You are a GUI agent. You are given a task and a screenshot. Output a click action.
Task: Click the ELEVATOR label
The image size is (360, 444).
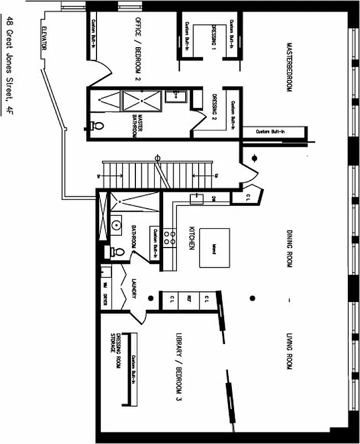click(x=43, y=39)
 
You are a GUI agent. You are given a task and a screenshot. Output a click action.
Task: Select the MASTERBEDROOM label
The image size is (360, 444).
click(x=288, y=66)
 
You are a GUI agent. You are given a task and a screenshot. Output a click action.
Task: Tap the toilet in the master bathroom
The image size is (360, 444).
click(x=97, y=126)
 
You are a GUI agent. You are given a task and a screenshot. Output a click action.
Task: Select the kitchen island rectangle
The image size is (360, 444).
click(x=215, y=248)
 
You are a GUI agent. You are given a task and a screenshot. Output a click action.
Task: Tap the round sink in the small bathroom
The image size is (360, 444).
click(x=116, y=225)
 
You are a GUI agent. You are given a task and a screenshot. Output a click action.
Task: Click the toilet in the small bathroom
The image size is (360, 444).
click(x=117, y=252)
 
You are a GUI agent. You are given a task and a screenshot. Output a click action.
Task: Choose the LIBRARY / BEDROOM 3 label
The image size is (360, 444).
click(x=179, y=367)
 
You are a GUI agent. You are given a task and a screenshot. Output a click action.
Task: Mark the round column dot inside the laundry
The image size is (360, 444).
click(x=150, y=299)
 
